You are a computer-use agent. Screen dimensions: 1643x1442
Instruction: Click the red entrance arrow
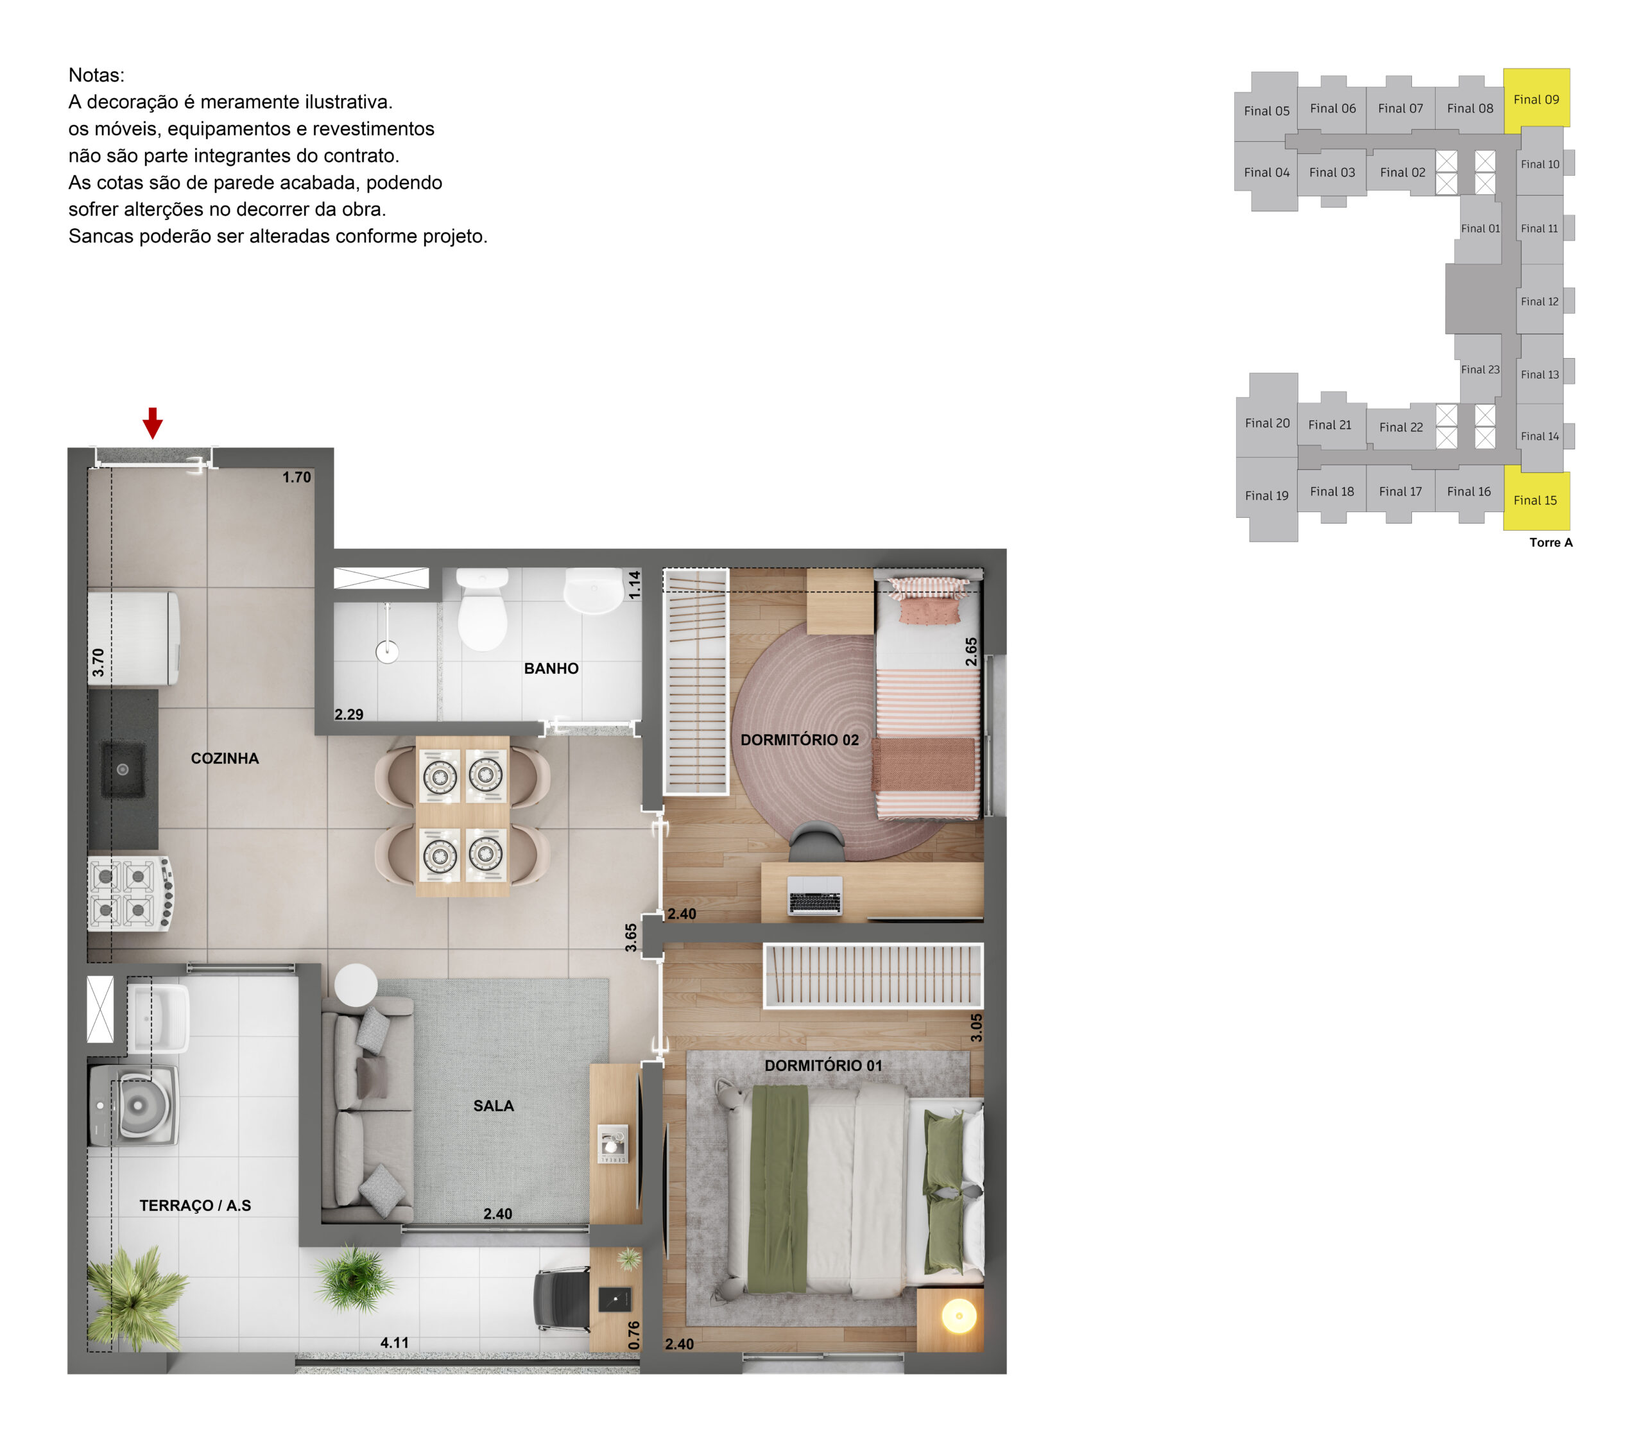(153, 423)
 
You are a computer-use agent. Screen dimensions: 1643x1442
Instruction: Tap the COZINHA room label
(225, 758)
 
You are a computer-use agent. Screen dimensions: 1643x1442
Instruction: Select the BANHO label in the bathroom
(551, 668)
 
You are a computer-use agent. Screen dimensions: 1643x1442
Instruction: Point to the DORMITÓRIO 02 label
(800, 739)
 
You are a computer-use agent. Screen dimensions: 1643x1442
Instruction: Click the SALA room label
(494, 1105)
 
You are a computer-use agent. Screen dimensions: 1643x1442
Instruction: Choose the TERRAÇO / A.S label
(195, 1205)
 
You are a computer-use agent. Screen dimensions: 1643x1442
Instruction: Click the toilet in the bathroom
(482, 608)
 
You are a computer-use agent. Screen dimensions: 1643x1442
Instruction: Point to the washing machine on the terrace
(133, 1105)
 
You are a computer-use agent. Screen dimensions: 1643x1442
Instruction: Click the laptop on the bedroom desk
(815, 895)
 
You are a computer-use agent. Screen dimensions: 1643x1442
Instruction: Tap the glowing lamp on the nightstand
(959, 1316)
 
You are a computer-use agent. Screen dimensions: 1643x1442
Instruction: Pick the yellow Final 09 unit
(1536, 98)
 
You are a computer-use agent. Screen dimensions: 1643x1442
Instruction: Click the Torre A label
(1551, 542)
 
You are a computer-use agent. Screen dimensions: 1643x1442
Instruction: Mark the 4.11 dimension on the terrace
(395, 1343)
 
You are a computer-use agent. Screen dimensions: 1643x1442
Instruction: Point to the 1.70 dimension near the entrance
(297, 477)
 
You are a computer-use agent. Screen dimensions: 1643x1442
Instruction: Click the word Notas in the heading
(96, 74)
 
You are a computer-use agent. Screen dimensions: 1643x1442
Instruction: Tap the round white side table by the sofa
(356, 984)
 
